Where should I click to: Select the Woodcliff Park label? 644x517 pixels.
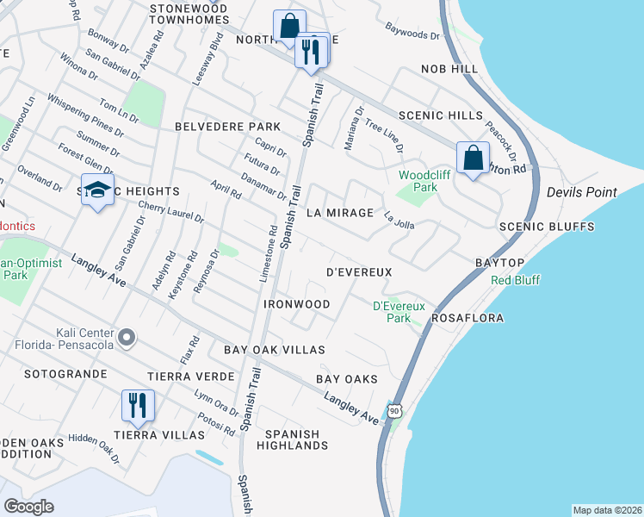coord(418,181)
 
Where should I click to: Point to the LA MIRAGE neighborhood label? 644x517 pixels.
coord(341,213)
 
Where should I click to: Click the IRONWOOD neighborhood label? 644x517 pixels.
coord(298,305)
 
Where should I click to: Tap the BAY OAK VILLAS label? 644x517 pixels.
coord(275,350)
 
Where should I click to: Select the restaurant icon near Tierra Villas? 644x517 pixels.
coord(138,406)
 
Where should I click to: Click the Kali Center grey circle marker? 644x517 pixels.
coord(126,338)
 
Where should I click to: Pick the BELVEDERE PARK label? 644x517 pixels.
coord(215,127)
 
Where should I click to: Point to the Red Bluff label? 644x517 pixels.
coord(515,280)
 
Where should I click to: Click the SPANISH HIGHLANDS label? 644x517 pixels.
coord(292,440)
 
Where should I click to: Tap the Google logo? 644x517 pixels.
coord(29,506)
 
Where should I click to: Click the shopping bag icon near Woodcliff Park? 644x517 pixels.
coord(472,159)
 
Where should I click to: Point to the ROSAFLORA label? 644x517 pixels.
coord(467,318)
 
